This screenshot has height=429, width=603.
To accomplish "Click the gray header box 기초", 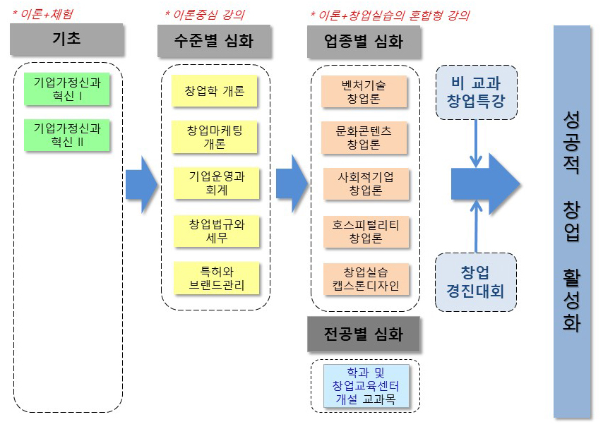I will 66,40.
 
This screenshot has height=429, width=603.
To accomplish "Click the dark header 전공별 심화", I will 364,334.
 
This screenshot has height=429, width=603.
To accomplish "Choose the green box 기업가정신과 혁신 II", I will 67,135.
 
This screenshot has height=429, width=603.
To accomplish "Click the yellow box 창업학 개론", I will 215,92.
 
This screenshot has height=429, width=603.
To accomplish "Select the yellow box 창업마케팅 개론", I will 215,137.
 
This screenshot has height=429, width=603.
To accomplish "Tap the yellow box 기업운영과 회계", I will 215,183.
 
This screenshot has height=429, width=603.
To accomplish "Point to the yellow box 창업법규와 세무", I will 215,231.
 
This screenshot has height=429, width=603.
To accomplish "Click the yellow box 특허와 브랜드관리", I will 215,278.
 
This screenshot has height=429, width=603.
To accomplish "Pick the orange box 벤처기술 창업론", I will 364,92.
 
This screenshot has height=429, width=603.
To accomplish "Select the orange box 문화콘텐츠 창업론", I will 364,138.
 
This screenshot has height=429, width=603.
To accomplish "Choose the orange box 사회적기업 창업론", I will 365,183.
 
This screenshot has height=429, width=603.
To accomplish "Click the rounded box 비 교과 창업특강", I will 476,92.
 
